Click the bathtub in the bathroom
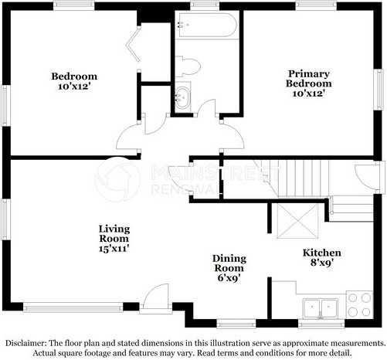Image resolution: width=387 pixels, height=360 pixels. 207,25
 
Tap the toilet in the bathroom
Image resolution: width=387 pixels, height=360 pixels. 188,66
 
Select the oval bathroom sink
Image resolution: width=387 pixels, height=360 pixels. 182,97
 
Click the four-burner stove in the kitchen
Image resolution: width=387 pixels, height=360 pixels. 359,305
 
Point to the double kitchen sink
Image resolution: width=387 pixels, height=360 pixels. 320,308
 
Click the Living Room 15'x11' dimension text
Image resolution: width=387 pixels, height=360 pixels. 114,249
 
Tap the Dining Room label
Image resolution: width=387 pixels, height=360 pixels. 229,263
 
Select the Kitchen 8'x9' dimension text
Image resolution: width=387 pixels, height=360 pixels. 322,263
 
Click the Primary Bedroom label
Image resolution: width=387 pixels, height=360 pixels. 308,79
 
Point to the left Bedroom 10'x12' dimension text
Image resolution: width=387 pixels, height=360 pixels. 74,86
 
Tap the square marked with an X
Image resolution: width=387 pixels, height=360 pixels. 297,221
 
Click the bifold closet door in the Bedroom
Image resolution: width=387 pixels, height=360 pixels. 134,45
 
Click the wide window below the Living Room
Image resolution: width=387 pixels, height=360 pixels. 73,307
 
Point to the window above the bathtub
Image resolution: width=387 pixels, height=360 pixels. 205,5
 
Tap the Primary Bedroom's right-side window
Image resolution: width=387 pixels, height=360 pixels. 379,90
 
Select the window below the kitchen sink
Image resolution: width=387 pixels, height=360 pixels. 321,324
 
